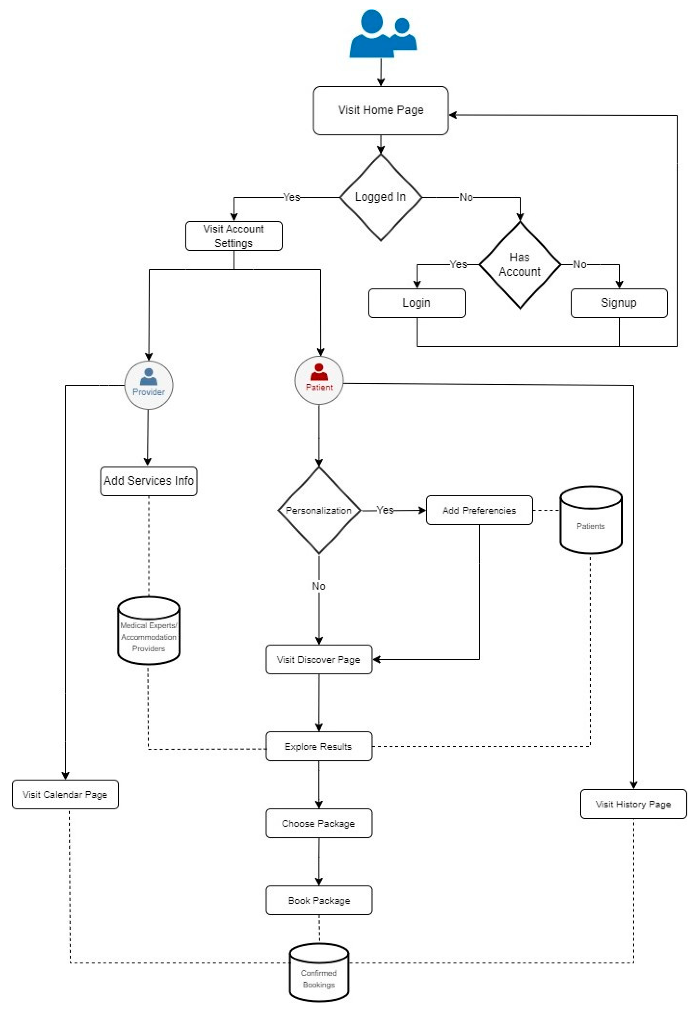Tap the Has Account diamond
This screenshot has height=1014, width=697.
[520, 265]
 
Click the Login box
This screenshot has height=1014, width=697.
[417, 303]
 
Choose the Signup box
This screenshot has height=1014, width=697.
[619, 303]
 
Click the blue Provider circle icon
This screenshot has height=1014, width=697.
[149, 385]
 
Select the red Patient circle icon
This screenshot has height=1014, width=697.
[319, 380]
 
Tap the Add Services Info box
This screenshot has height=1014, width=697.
[149, 481]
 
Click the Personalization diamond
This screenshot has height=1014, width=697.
[319, 510]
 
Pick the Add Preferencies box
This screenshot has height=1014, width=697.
[479, 510]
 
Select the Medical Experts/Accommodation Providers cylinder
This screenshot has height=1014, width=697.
[149, 631]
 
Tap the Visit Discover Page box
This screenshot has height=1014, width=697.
[319, 660]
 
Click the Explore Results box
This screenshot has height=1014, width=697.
[319, 746]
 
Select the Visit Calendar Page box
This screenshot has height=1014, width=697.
[65, 794]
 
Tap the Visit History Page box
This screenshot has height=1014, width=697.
[633, 804]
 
